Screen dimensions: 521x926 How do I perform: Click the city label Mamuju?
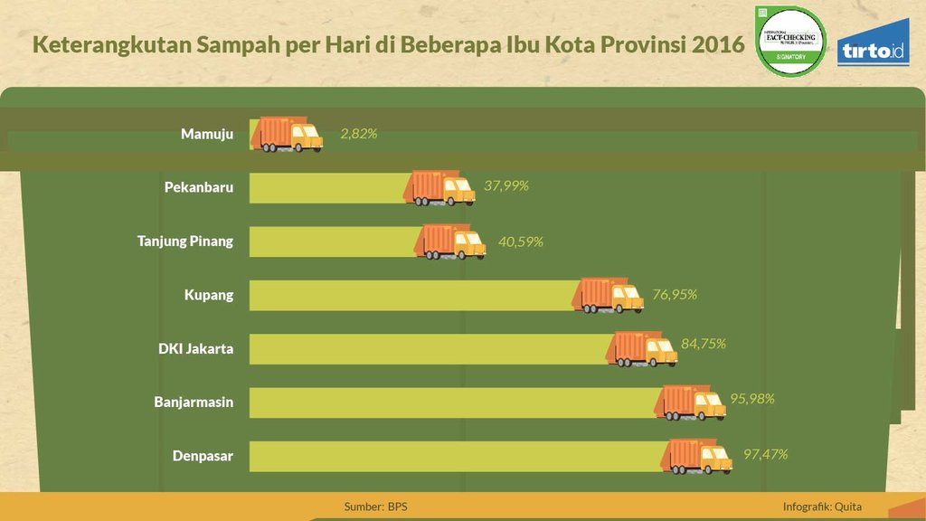pos(207,134)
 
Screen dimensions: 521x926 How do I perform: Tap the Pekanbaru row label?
pos(199,187)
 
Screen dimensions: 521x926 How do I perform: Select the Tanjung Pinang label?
pos(185,241)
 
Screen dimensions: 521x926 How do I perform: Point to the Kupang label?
pos(209,294)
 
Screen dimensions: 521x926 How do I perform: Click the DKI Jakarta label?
pos(196,348)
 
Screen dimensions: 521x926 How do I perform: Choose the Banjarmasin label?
pos(194,402)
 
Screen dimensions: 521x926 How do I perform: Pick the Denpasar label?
pos(203,456)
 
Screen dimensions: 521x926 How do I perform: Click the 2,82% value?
pos(358,134)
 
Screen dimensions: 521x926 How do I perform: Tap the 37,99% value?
pos(506,185)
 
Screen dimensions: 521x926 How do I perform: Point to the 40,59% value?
pos(520,242)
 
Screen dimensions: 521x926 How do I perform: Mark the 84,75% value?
pos(704,344)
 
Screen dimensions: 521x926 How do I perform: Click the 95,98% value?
pos(751,398)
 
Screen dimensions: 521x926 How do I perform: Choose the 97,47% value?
pos(765,453)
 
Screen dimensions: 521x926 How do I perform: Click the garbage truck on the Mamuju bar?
pos(287,134)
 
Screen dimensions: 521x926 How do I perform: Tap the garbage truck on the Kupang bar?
pos(609,295)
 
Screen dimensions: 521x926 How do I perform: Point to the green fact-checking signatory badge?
pos(790,41)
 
